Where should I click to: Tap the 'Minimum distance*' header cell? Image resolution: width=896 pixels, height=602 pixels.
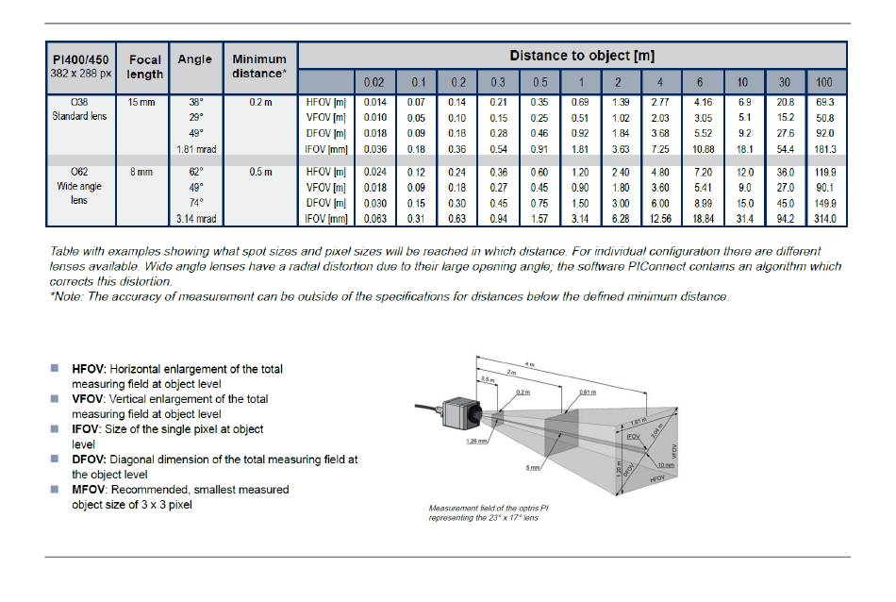pos(258,67)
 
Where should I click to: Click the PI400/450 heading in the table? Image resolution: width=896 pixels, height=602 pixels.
pos(80,59)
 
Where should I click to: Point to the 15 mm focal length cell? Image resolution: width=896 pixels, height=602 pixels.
pos(142,102)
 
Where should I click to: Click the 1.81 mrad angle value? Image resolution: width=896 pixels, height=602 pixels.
pos(196,149)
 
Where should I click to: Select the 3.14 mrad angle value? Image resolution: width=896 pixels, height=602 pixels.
pos(196,220)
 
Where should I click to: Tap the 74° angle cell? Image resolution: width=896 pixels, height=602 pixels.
pos(196,204)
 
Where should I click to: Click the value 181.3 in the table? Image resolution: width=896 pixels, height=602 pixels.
pos(824,149)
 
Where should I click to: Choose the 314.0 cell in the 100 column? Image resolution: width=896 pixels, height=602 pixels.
pos(824,220)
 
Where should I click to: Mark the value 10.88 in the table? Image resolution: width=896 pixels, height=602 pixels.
pos(704,149)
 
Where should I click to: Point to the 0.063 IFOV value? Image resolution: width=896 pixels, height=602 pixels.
pos(373,220)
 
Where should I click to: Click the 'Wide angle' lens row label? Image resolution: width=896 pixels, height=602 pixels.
pos(80,188)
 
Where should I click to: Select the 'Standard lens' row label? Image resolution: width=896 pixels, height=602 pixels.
pos(80,117)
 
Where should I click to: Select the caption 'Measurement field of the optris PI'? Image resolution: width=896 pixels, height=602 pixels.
pos(489,509)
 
